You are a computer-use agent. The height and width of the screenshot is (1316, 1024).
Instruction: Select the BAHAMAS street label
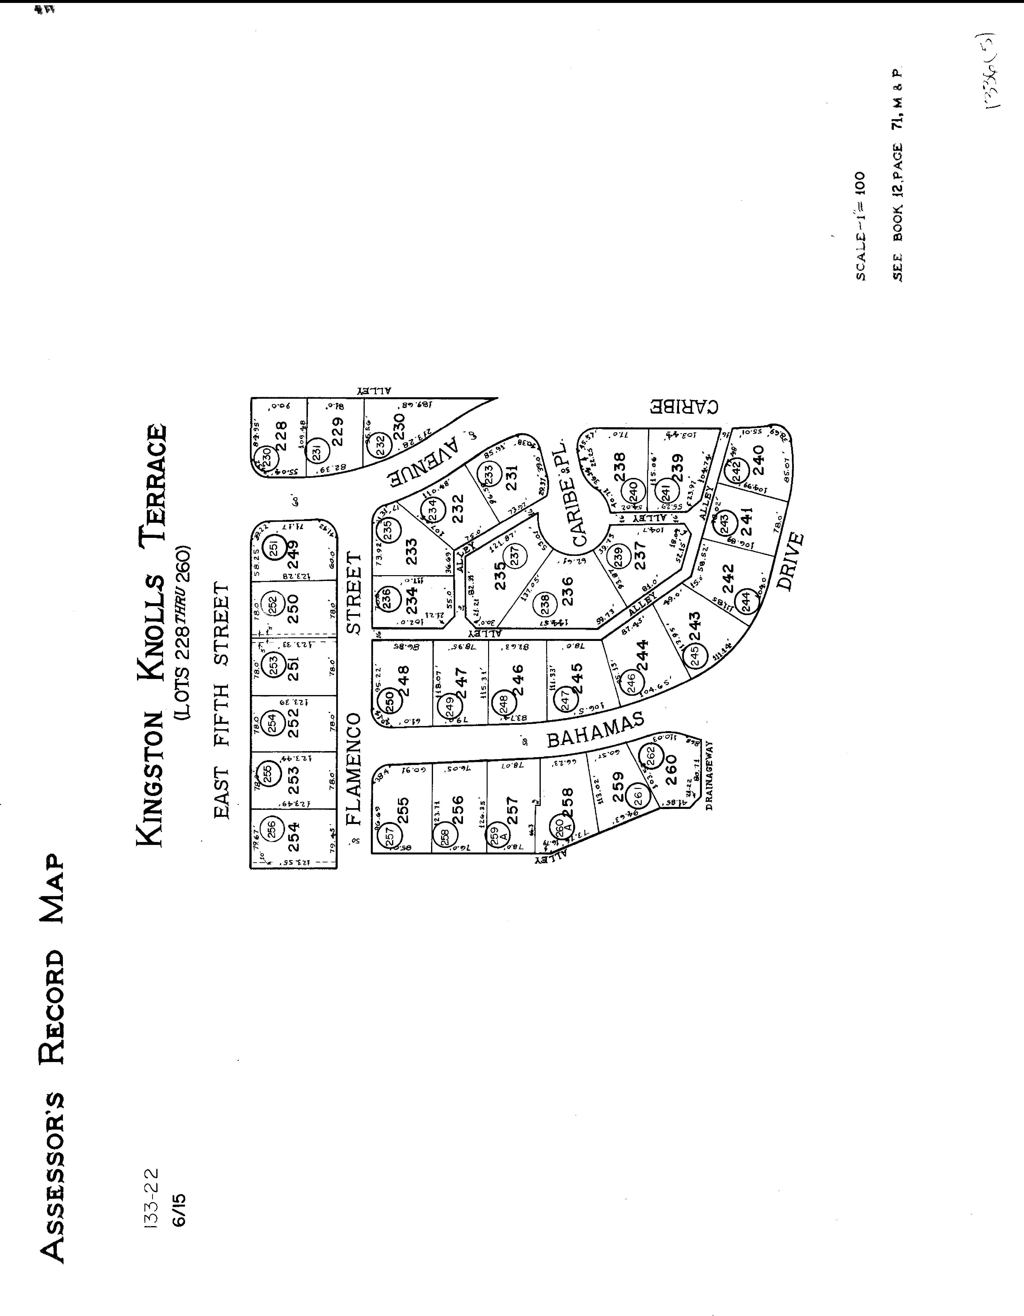click(x=595, y=731)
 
